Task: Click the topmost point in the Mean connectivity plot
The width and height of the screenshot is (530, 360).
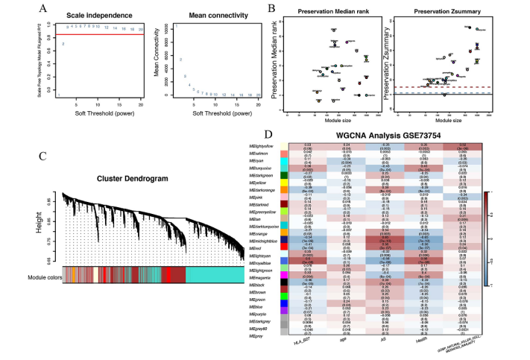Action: [x=176, y=27]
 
